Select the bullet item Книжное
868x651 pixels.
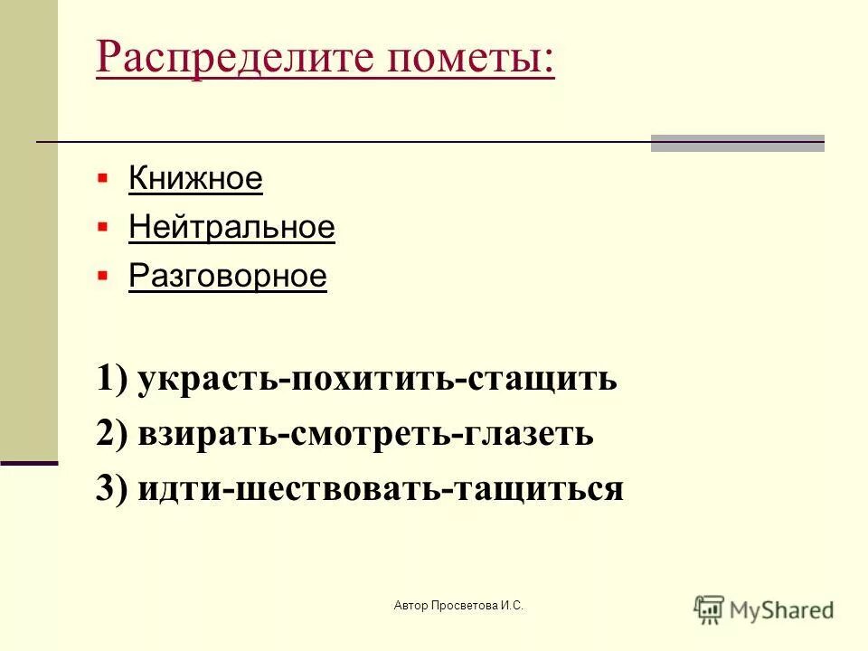coord(195,179)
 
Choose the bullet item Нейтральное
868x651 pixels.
coord(231,228)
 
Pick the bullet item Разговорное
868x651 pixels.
coord(227,277)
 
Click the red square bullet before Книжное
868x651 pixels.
coord(102,175)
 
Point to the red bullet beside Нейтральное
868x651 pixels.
coord(102,224)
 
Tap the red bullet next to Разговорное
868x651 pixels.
coord(102,273)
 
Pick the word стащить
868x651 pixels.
coord(542,379)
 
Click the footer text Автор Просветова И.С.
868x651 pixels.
coord(458,605)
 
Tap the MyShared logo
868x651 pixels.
coord(764,609)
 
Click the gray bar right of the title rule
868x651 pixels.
coord(737,144)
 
